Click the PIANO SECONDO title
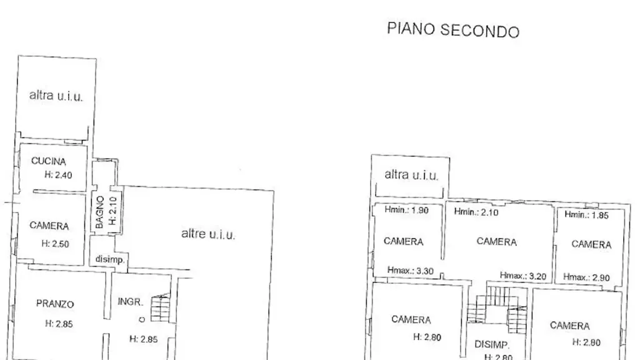(453, 30)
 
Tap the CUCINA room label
(49, 161)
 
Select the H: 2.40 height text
(58, 175)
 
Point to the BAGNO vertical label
(99, 212)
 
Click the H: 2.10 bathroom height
(113, 211)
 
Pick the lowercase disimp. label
(110, 259)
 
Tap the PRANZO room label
(55, 304)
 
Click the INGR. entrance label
(130, 302)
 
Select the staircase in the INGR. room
(161, 307)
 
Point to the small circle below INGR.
(142, 319)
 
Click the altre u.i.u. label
(208, 234)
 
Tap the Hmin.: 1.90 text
(406, 210)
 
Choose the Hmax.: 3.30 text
(410, 271)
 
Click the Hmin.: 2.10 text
(476, 212)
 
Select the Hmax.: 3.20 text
(523, 276)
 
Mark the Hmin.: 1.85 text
(586, 215)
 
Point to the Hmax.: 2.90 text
(586, 277)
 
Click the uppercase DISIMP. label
(492, 344)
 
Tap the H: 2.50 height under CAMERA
(55, 244)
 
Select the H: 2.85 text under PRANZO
(59, 324)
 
